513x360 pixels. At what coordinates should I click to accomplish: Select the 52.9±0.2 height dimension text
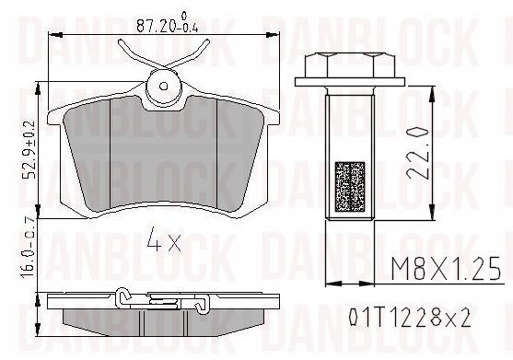(29, 149)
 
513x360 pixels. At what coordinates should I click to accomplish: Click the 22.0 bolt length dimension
(417, 153)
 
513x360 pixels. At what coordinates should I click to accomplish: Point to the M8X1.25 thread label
(446, 269)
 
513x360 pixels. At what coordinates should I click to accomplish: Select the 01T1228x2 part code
(410, 318)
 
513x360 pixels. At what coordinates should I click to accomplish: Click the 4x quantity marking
(164, 240)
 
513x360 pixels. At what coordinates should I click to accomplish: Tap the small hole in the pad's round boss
(163, 86)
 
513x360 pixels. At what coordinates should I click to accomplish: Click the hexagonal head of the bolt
(349, 65)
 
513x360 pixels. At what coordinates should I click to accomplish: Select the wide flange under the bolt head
(350, 82)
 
